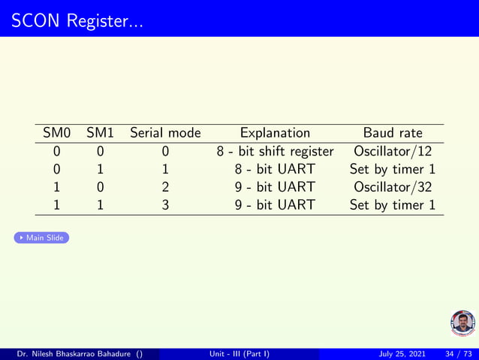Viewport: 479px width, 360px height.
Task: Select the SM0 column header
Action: [x=56, y=133]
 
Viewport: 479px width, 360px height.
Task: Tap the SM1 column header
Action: [x=100, y=133]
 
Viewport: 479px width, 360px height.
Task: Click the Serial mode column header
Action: [x=165, y=133]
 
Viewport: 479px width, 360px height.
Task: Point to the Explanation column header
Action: [x=275, y=133]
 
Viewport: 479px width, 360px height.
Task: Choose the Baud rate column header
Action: [x=393, y=133]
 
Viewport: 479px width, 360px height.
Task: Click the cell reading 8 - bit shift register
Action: [x=275, y=151]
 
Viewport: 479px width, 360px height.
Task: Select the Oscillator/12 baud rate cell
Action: [x=393, y=151]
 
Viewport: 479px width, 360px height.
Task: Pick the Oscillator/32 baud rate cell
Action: [x=393, y=186]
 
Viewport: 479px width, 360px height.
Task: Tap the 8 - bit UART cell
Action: [x=275, y=169]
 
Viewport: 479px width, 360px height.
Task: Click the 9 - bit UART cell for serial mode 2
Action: [x=275, y=186]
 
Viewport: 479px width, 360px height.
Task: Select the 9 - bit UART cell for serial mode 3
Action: [x=275, y=204]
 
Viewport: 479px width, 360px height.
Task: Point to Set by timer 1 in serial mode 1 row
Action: [x=393, y=169]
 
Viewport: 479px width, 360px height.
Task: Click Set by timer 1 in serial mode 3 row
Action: [x=393, y=204]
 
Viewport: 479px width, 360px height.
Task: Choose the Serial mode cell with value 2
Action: [x=165, y=186]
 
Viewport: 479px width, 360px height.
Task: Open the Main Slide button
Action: [x=42, y=238]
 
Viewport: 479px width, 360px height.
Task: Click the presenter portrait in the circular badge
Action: [x=462, y=322]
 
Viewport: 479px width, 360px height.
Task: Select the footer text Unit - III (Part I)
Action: [x=239, y=354]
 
